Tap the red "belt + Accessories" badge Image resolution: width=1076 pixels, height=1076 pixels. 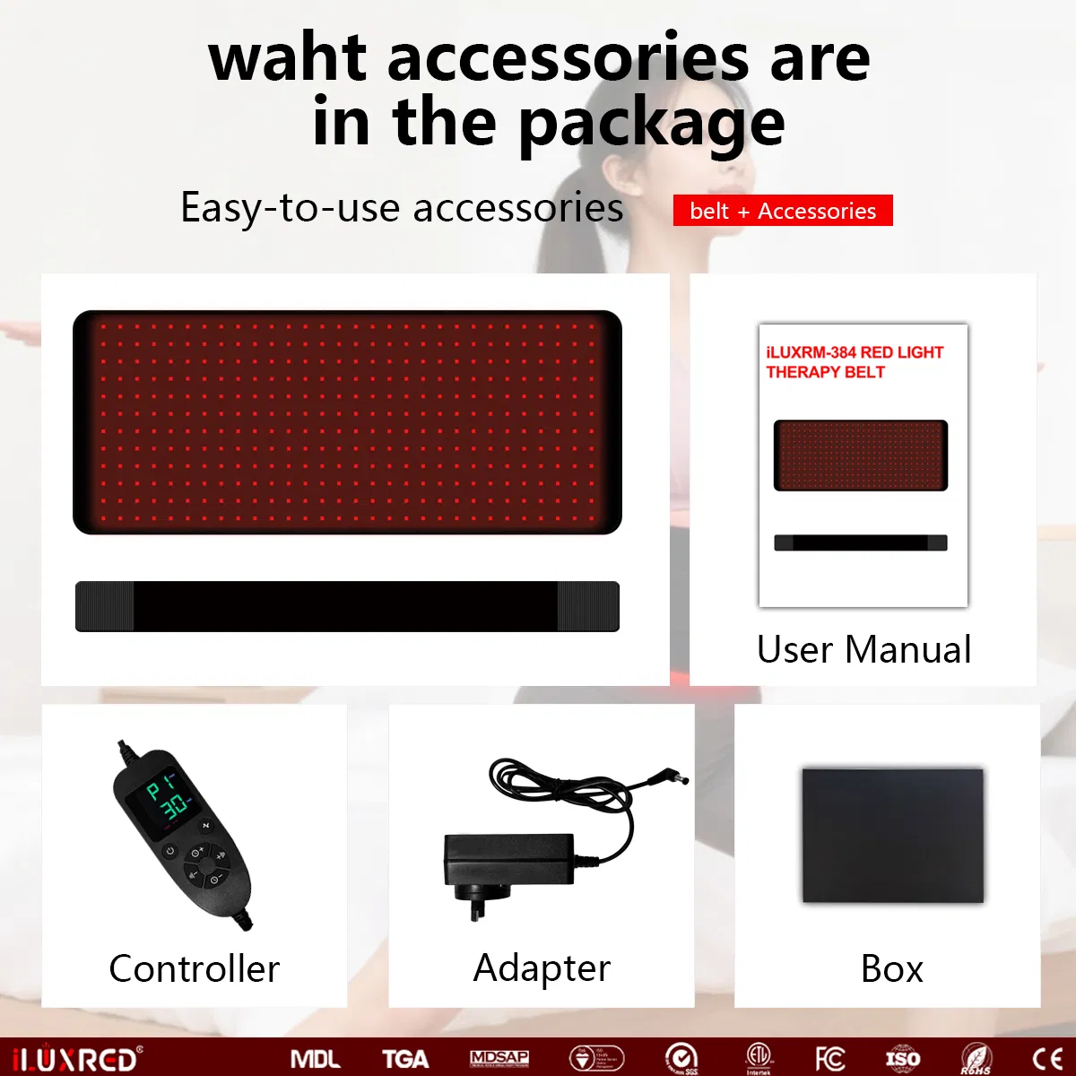pyautogui.click(x=783, y=211)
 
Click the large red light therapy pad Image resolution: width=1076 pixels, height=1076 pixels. pyautogui.click(x=347, y=422)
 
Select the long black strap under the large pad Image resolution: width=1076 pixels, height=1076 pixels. pyautogui.click(x=347, y=606)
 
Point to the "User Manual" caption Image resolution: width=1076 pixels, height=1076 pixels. pyautogui.click(x=863, y=649)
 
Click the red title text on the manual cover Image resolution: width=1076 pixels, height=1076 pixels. pyautogui.click(x=855, y=362)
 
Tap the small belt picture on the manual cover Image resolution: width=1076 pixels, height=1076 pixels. pyautogui.click(x=861, y=455)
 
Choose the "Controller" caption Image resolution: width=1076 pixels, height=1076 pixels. pyautogui.click(x=194, y=968)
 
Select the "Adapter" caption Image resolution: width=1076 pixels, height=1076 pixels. pyautogui.click(x=542, y=968)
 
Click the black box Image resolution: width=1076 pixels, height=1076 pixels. pyautogui.click(x=892, y=835)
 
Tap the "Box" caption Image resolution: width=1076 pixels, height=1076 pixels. pyautogui.click(x=891, y=968)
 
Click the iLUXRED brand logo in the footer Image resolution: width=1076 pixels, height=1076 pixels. pyautogui.click(x=77, y=1059)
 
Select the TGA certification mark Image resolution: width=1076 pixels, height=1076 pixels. pyautogui.click(x=405, y=1059)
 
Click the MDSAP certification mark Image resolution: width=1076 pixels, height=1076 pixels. pyautogui.click(x=499, y=1059)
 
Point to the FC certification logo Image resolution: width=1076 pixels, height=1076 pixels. pyautogui.click(x=829, y=1059)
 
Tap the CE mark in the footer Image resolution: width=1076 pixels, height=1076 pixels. pyautogui.click(x=1046, y=1059)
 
